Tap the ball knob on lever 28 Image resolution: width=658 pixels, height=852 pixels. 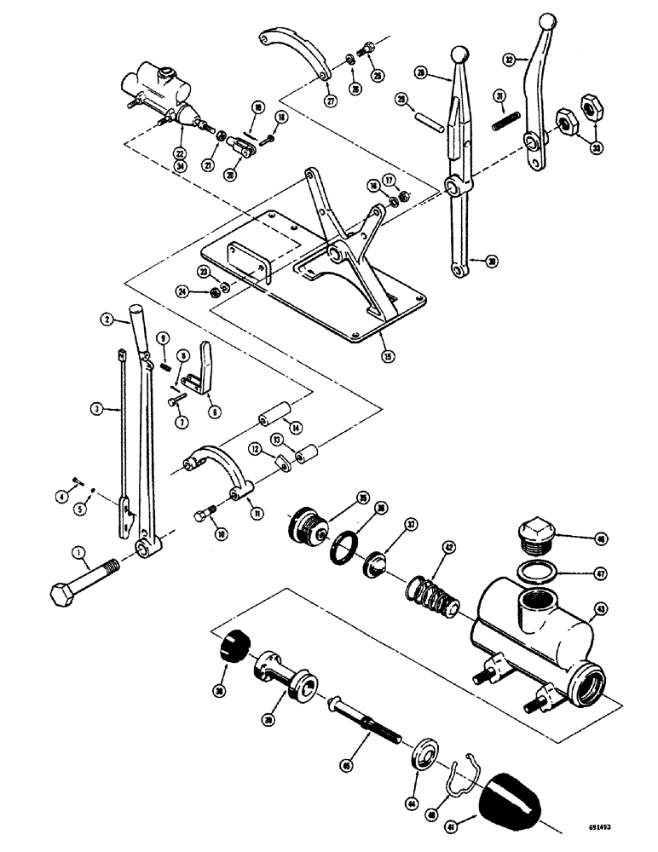460,55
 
